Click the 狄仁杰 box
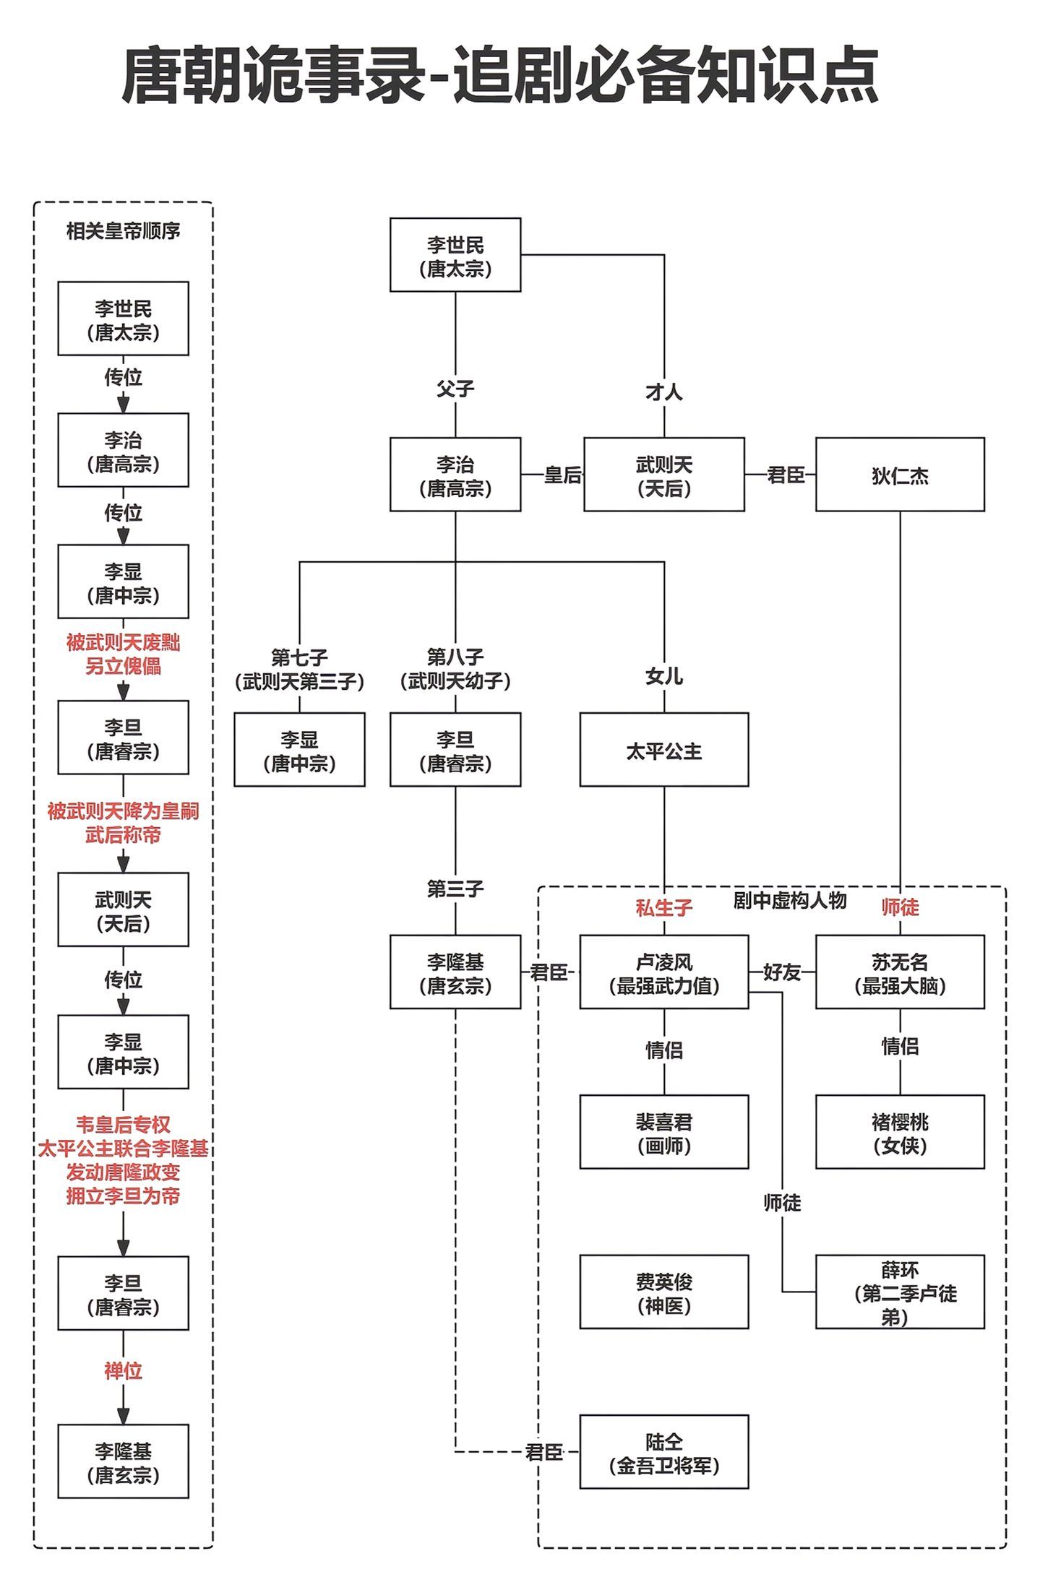[x=899, y=475]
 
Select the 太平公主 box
[x=663, y=750]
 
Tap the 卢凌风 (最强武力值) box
[x=663, y=972]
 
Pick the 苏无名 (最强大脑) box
[x=899, y=972]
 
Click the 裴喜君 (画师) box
[x=663, y=1132]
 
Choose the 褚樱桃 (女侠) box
[x=899, y=1132]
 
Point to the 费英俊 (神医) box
[x=663, y=1292]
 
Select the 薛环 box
[x=899, y=1292]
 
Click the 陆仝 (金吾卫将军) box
[x=663, y=1452]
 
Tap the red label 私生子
[x=663, y=907]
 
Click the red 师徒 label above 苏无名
[x=900, y=907]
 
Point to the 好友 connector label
[x=781, y=972]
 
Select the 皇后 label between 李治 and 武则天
[x=562, y=475]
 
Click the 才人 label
[x=663, y=392]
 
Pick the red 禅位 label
[x=123, y=1370]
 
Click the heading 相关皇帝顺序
[x=123, y=231]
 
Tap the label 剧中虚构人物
[x=789, y=900]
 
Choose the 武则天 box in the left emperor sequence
[x=123, y=909]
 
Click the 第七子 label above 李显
[x=299, y=657]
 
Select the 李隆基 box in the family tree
[x=455, y=972]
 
